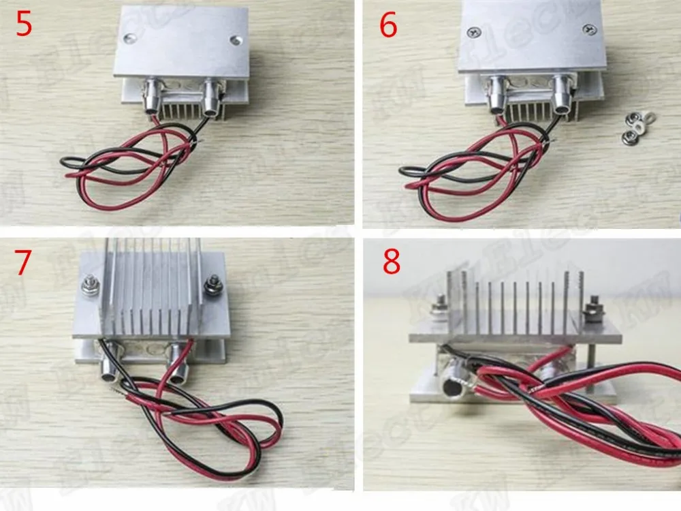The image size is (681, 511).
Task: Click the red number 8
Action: tap(392, 262)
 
